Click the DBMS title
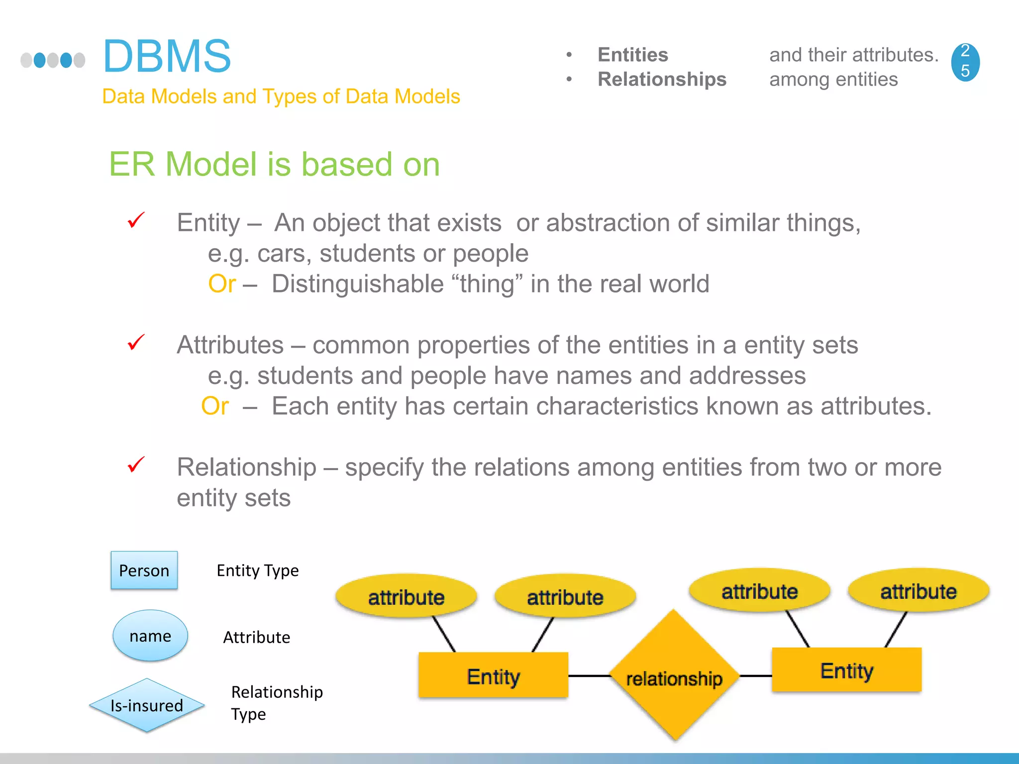coord(167,56)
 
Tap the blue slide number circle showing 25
coord(965,62)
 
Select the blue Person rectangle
coord(144,570)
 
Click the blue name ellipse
coord(150,636)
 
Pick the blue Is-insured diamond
coord(147,705)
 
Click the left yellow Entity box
coord(493,675)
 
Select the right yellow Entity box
coord(846,670)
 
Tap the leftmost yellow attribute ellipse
coord(406,596)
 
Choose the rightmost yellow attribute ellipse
coord(918,591)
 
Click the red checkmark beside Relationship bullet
coord(136,465)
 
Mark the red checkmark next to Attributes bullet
coord(136,342)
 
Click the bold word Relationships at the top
coord(662,79)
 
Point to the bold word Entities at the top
coord(633,55)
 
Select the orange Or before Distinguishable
coord(222,284)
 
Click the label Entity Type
coord(258,571)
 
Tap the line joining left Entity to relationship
coord(590,676)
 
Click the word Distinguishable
coord(358,284)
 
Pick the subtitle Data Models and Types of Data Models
coord(281,96)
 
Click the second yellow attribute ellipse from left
coord(565,596)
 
